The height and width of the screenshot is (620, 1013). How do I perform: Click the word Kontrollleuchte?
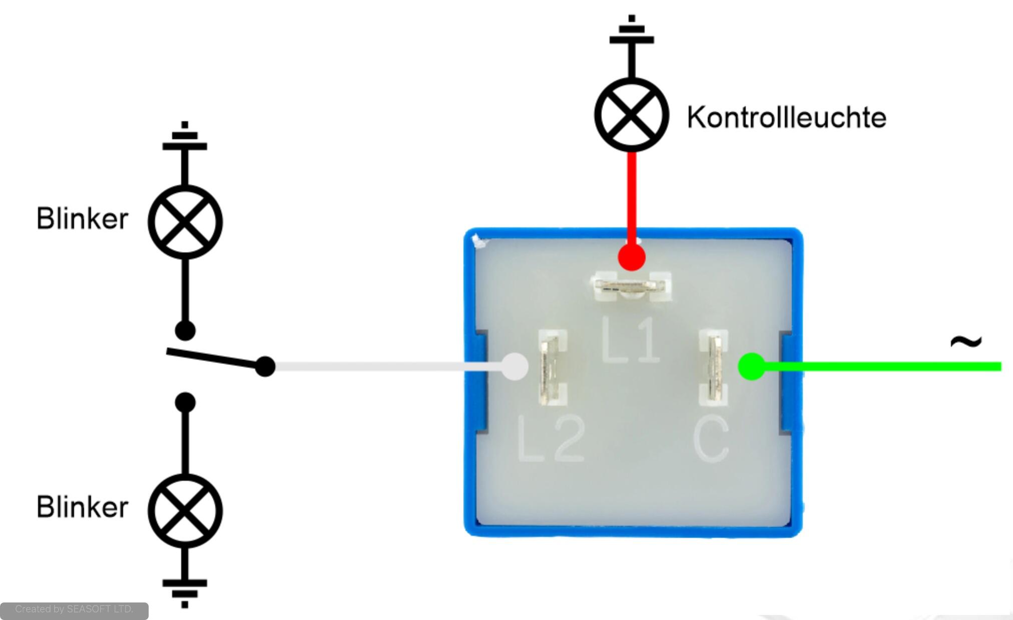[786, 117]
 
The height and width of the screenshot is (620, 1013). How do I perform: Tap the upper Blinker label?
[83, 219]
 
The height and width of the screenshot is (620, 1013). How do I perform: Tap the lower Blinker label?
[83, 507]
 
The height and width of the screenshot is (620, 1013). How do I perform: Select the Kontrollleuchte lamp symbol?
[632, 115]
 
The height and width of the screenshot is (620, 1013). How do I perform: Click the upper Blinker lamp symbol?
[185, 222]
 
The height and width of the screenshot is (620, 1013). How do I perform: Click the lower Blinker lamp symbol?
[185, 511]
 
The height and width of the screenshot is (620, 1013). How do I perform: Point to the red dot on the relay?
[632, 257]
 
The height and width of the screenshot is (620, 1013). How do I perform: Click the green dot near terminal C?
[752, 366]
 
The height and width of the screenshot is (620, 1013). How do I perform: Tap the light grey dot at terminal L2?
[515, 367]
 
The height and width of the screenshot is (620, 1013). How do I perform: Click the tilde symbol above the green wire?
[965, 342]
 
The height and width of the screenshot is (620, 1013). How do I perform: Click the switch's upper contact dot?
[185, 331]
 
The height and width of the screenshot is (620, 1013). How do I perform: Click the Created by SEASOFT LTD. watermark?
[74, 609]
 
